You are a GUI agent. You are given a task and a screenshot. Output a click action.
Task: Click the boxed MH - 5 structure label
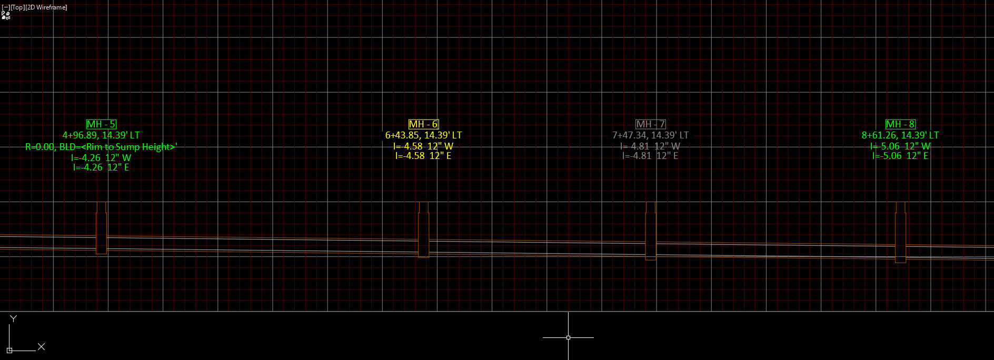[x=101, y=124]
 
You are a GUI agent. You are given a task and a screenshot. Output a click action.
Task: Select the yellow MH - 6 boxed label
[x=423, y=124]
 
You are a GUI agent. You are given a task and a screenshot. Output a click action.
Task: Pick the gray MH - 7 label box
[x=651, y=124]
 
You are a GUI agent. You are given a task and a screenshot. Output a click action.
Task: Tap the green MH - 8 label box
[x=900, y=124]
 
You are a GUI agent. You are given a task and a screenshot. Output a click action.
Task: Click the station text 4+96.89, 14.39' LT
[x=101, y=135]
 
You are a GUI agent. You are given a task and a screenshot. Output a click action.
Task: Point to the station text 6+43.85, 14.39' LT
[x=423, y=135]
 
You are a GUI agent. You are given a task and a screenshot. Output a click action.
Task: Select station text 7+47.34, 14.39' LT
[x=650, y=135]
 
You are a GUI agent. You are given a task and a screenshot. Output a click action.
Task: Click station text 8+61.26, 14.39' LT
[x=900, y=135]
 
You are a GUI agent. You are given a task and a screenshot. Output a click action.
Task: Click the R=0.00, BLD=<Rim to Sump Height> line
[x=101, y=147]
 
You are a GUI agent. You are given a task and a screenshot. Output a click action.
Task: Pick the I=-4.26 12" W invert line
[x=101, y=158]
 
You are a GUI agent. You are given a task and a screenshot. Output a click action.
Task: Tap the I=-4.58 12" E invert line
[x=423, y=156]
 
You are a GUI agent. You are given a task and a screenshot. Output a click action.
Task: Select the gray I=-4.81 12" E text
[x=650, y=156]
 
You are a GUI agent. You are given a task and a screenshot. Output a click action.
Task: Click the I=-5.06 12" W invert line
[x=900, y=146]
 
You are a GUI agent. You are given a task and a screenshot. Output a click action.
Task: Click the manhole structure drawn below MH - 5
[x=102, y=232]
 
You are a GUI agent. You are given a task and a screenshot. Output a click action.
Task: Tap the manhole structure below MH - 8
[x=901, y=236]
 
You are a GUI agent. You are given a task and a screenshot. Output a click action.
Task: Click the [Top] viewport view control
[x=17, y=7]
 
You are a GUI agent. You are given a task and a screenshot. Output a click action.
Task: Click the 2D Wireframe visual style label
[x=46, y=7]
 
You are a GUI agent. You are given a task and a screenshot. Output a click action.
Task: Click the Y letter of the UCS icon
[x=14, y=318]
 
